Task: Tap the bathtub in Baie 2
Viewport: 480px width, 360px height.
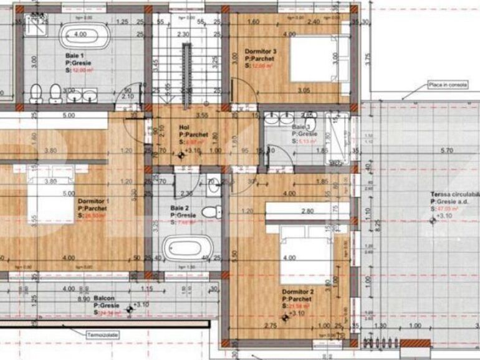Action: [183, 250]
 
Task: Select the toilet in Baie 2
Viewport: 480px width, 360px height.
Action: [211, 210]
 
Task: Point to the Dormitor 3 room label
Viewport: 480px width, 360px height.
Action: [261, 51]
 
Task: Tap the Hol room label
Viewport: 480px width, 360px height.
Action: [185, 127]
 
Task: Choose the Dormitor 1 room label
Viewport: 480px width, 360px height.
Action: [94, 202]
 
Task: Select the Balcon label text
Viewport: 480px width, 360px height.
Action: [103, 299]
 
